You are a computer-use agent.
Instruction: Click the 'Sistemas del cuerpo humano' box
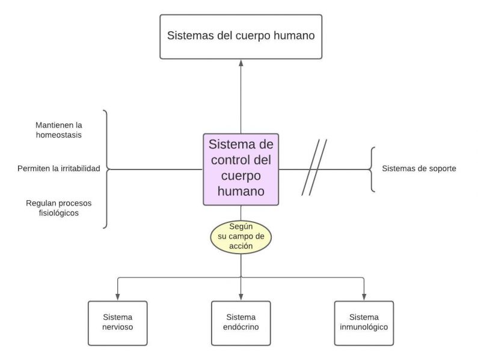[x=241, y=37]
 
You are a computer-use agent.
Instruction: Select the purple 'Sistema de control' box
[x=241, y=169]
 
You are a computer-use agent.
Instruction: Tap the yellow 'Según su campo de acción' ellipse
[x=241, y=237]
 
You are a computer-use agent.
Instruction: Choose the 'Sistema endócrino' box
[x=241, y=323]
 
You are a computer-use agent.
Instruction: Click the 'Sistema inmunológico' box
[x=364, y=323]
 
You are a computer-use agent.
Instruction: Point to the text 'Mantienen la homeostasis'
[x=58, y=130]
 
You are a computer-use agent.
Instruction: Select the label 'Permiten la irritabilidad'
[x=59, y=169]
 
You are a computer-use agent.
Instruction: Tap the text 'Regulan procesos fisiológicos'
[x=58, y=208]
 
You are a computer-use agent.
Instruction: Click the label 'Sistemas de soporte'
[x=419, y=169]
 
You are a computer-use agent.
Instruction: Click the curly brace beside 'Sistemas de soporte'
[x=373, y=169]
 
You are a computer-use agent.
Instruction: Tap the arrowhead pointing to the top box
[x=241, y=63]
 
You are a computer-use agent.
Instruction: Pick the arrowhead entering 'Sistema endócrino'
[x=241, y=297]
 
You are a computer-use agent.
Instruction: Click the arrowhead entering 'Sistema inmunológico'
[x=364, y=297]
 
